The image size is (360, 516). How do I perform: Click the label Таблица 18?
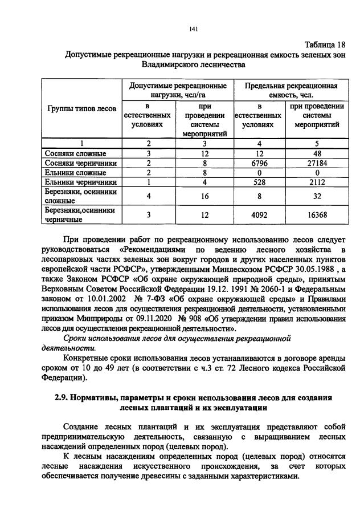pyautogui.click(x=324, y=44)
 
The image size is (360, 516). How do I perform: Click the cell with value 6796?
pyautogui.click(x=259, y=163)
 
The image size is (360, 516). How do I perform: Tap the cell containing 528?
pyautogui.click(x=259, y=182)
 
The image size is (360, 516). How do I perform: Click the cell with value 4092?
pyautogui.click(x=259, y=215)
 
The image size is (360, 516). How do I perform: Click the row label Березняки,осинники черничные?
pyautogui.click(x=80, y=215)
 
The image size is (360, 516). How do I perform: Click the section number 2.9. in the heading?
pyautogui.click(x=56, y=397)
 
